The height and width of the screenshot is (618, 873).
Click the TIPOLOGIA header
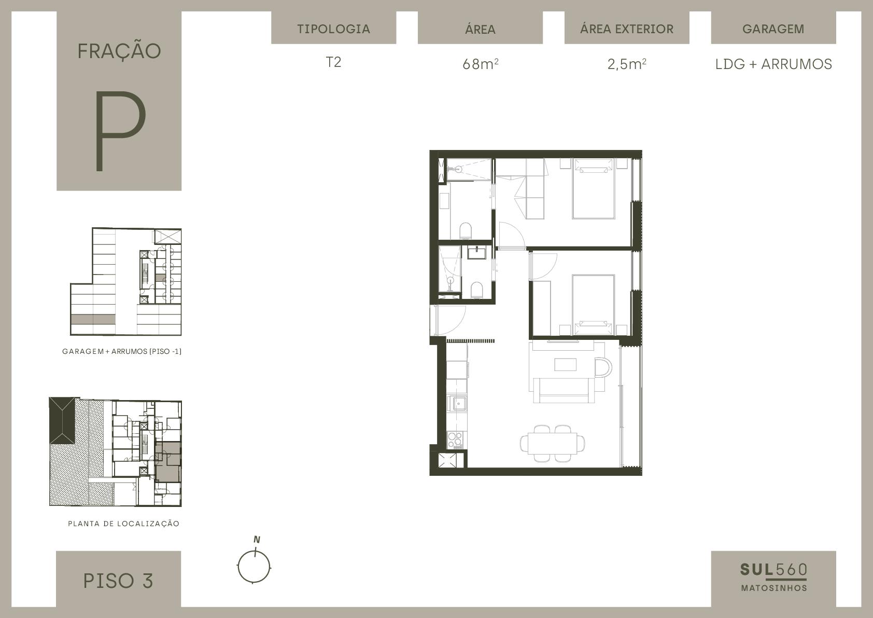coord(334,29)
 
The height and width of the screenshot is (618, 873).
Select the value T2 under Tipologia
coord(334,62)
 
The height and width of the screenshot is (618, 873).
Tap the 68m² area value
coord(480,64)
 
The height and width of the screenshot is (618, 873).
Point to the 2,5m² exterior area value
coord(627,64)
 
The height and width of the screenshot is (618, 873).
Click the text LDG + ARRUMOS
coord(773,64)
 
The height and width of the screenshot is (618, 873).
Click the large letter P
coord(120,131)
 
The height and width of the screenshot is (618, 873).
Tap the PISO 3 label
coord(118,581)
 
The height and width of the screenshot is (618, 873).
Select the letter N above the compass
coord(257,540)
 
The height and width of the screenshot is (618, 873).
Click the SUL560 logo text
coord(773,570)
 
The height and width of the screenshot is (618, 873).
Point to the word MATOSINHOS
coord(774,588)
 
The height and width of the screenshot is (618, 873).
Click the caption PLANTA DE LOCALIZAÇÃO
coord(123,524)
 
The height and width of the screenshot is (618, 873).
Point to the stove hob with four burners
coord(455,440)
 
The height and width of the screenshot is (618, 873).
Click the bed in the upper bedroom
coord(593,188)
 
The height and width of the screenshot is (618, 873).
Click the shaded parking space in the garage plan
coord(93,319)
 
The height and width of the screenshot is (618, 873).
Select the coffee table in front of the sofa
coord(565,364)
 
